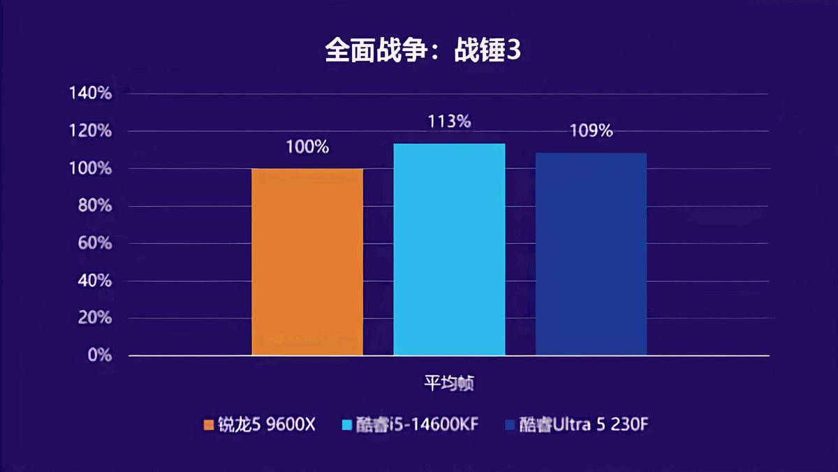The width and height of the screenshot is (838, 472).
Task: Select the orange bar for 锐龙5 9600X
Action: click(307, 262)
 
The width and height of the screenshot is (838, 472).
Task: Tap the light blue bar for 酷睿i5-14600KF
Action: click(449, 249)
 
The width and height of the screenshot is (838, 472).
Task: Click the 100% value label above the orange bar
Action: click(307, 147)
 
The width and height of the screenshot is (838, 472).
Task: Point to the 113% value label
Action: click(449, 121)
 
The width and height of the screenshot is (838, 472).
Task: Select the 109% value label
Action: click(591, 131)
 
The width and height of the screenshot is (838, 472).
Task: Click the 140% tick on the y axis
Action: click(90, 94)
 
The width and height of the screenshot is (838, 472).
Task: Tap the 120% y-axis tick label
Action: click(90, 131)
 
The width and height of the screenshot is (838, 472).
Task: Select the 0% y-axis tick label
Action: click(98, 355)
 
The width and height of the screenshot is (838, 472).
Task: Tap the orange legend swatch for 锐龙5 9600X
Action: click(208, 425)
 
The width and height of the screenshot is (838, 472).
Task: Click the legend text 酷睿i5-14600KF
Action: click(417, 424)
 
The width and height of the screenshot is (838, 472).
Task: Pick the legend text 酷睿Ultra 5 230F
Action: click(579, 424)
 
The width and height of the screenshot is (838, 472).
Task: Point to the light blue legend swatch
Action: click(347, 425)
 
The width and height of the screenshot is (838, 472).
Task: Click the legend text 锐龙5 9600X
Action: click(267, 424)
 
